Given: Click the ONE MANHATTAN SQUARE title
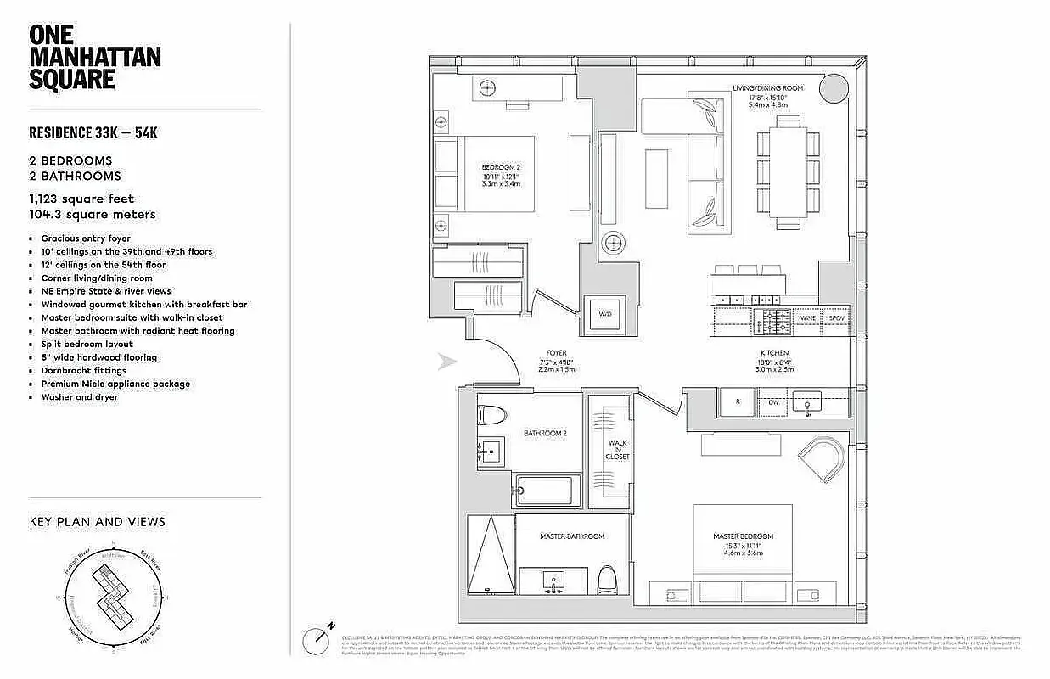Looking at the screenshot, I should pyautogui.click(x=94, y=57).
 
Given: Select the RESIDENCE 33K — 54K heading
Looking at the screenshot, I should pyautogui.click(x=93, y=132).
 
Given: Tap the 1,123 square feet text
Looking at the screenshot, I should pyautogui.click(x=81, y=199).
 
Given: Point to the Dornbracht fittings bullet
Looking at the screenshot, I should pyautogui.click(x=83, y=371).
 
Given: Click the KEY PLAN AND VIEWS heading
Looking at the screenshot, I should pyautogui.click(x=97, y=521).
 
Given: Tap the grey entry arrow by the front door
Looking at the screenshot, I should pyautogui.click(x=446, y=362).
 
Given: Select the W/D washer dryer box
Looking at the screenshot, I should pyautogui.click(x=605, y=314).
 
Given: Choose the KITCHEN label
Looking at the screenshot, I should pyautogui.click(x=774, y=352).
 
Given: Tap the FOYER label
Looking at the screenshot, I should pyautogui.click(x=557, y=352).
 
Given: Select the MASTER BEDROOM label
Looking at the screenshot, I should pyautogui.click(x=743, y=536).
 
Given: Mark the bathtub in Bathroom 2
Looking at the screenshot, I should pyautogui.click(x=547, y=491).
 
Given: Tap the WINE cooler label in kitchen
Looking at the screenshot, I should pyautogui.click(x=806, y=318).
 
